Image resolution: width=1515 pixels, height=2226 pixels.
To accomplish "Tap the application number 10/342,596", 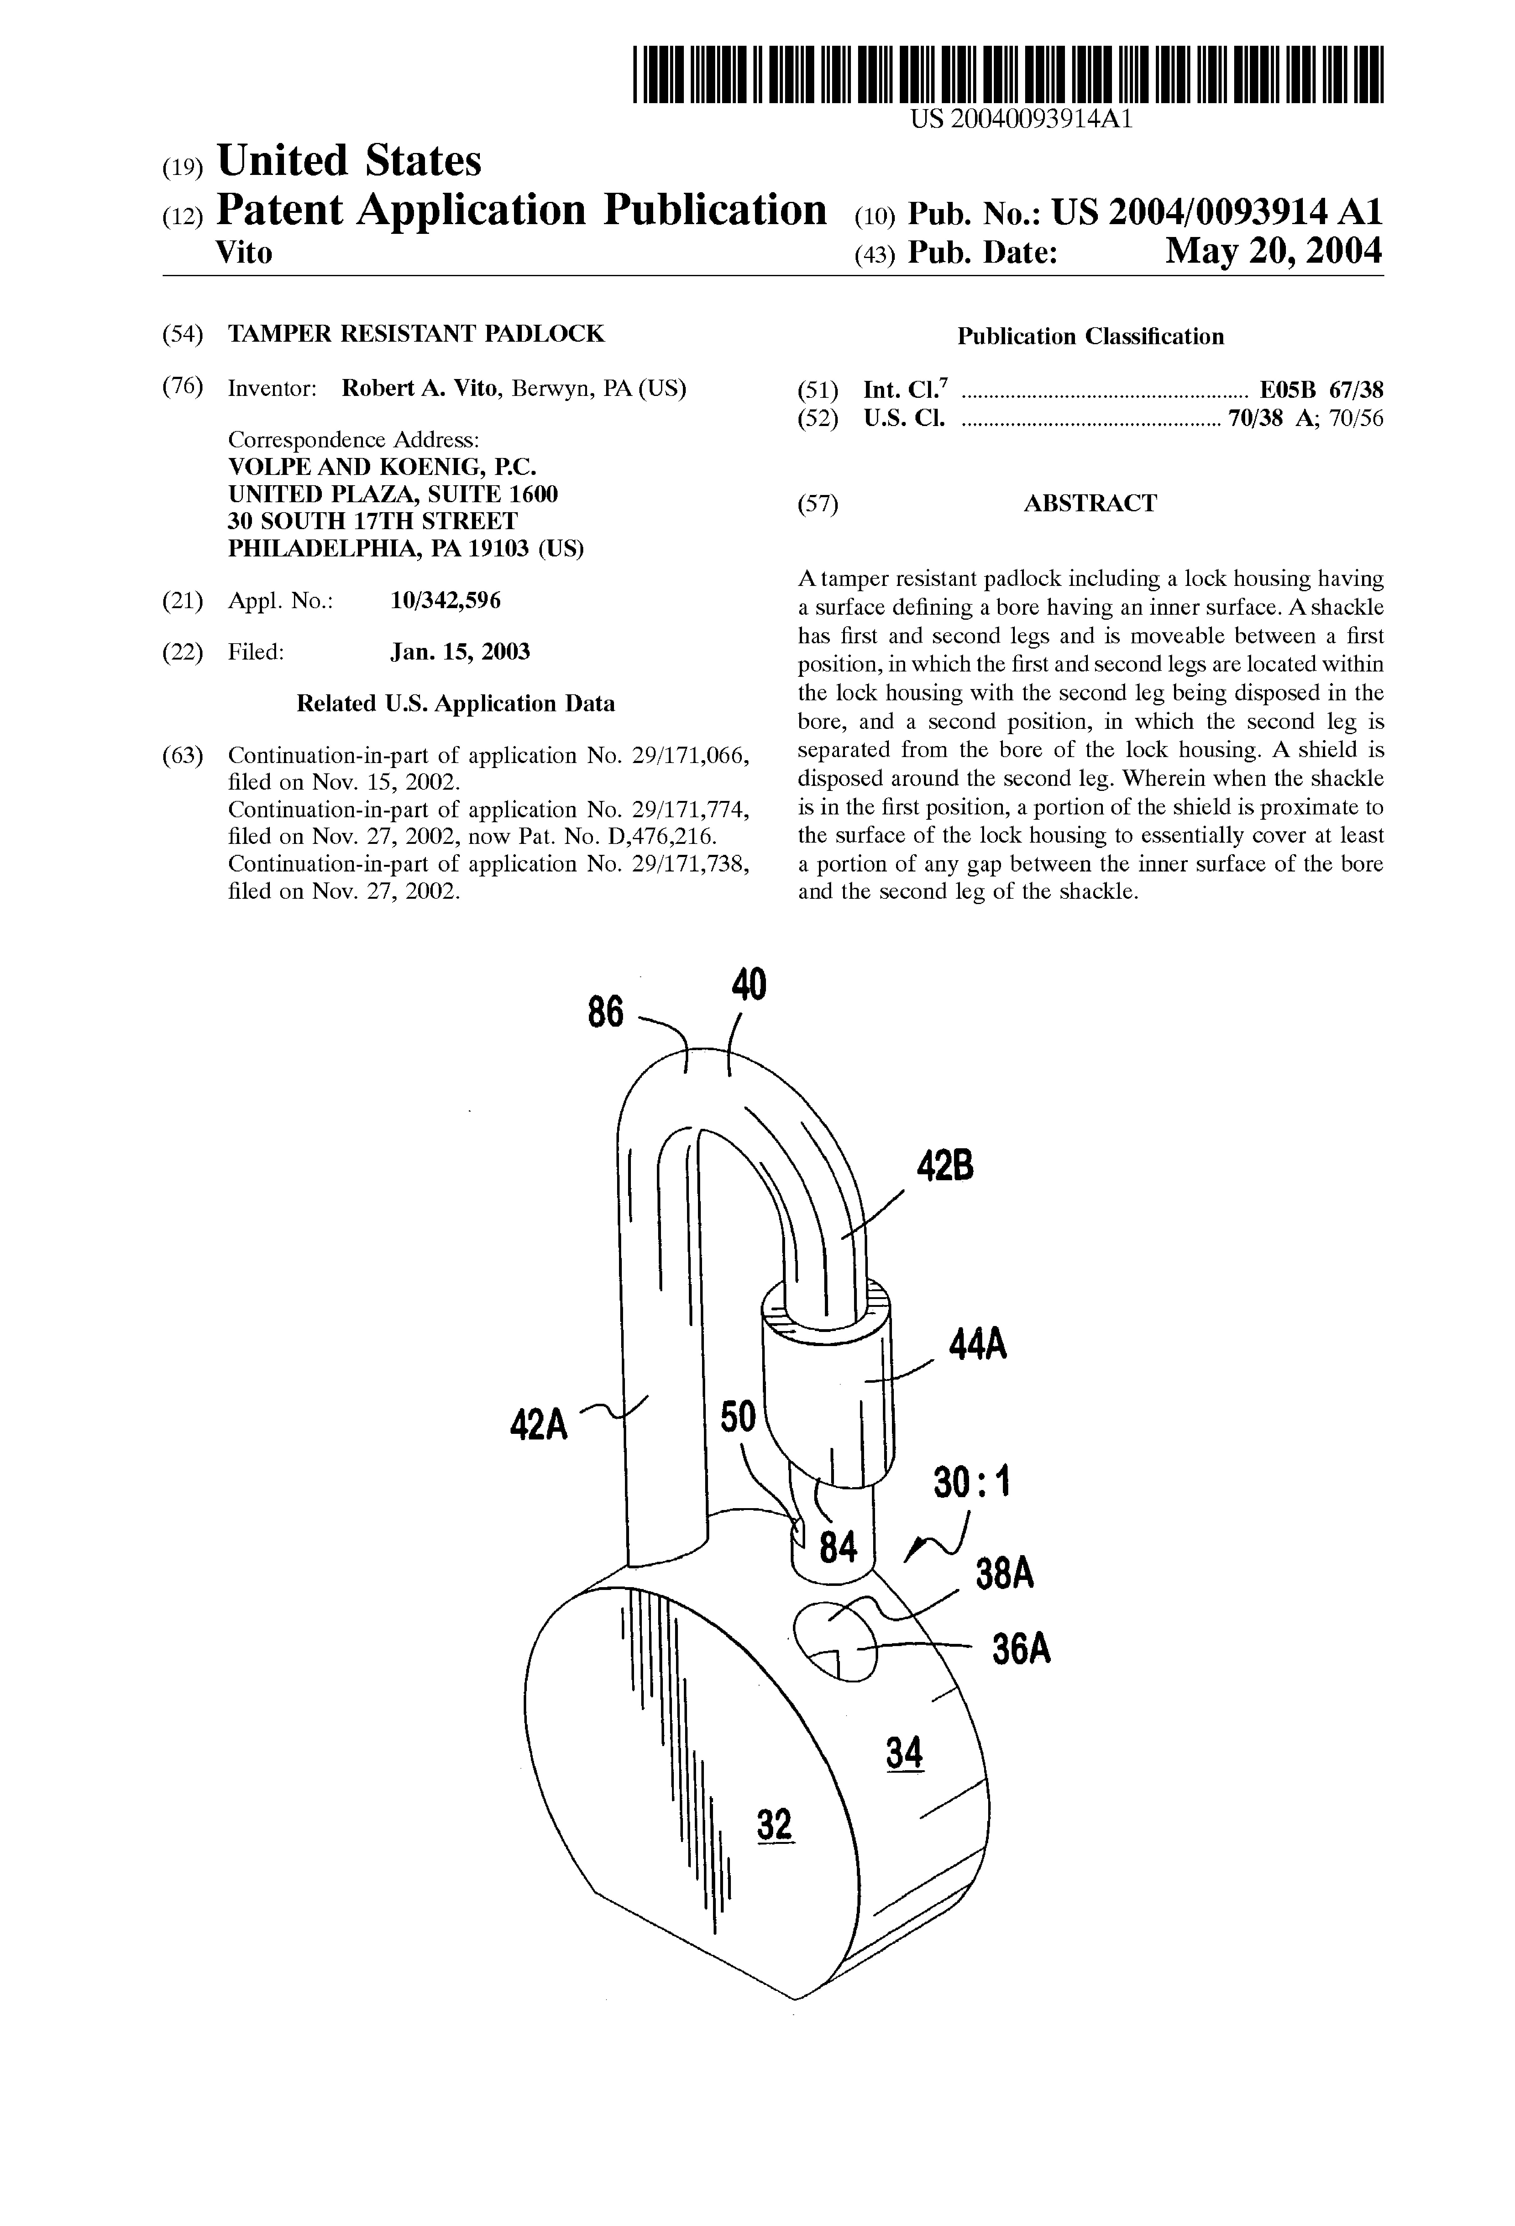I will click(445, 601).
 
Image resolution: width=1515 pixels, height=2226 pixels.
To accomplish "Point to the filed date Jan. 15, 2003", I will click(460, 652).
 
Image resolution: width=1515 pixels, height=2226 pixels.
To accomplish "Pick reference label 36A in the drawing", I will click(1021, 1650).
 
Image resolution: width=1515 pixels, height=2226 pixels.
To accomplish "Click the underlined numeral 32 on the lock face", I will click(775, 1825).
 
